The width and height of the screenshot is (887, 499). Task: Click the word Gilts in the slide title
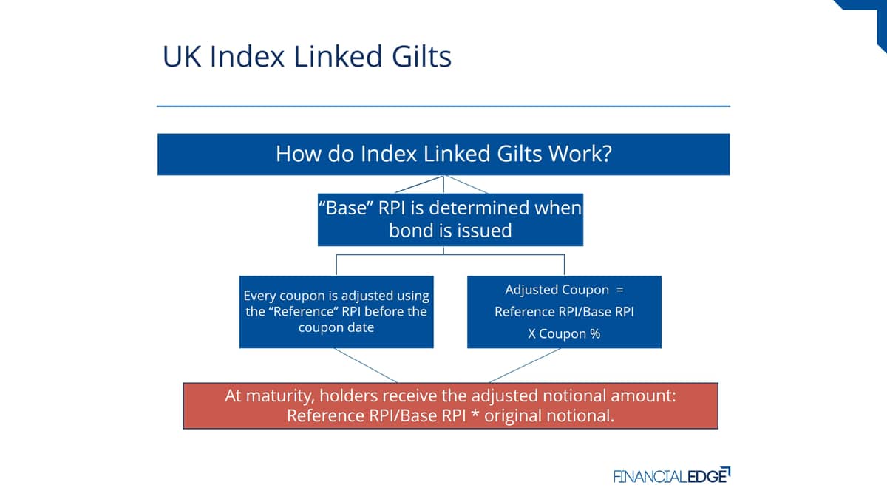pyautogui.click(x=421, y=56)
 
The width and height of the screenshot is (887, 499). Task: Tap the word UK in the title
pyautogui.click(x=182, y=56)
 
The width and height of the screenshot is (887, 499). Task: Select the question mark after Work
pyautogui.click(x=607, y=154)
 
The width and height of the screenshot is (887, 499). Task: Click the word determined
pyautogui.click(x=480, y=208)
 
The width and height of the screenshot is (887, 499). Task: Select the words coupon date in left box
pyautogui.click(x=336, y=328)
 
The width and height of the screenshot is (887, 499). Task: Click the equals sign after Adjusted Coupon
pyautogui.click(x=619, y=290)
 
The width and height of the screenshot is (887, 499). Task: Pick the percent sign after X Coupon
pyautogui.click(x=595, y=334)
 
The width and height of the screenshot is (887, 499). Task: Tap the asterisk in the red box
pyautogui.click(x=475, y=414)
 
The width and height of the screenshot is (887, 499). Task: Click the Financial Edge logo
pyautogui.click(x=672, y=475)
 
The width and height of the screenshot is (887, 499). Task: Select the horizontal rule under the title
pyautogui.click(x=443, y=106)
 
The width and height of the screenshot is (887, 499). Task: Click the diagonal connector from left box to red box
pyautogui.click(x=365, y=365)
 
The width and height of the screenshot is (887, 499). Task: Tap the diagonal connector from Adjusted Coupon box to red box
pyautogui.click(x=525, y=365)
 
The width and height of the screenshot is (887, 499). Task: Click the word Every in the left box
pyautogui.click(x=259, y=296)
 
